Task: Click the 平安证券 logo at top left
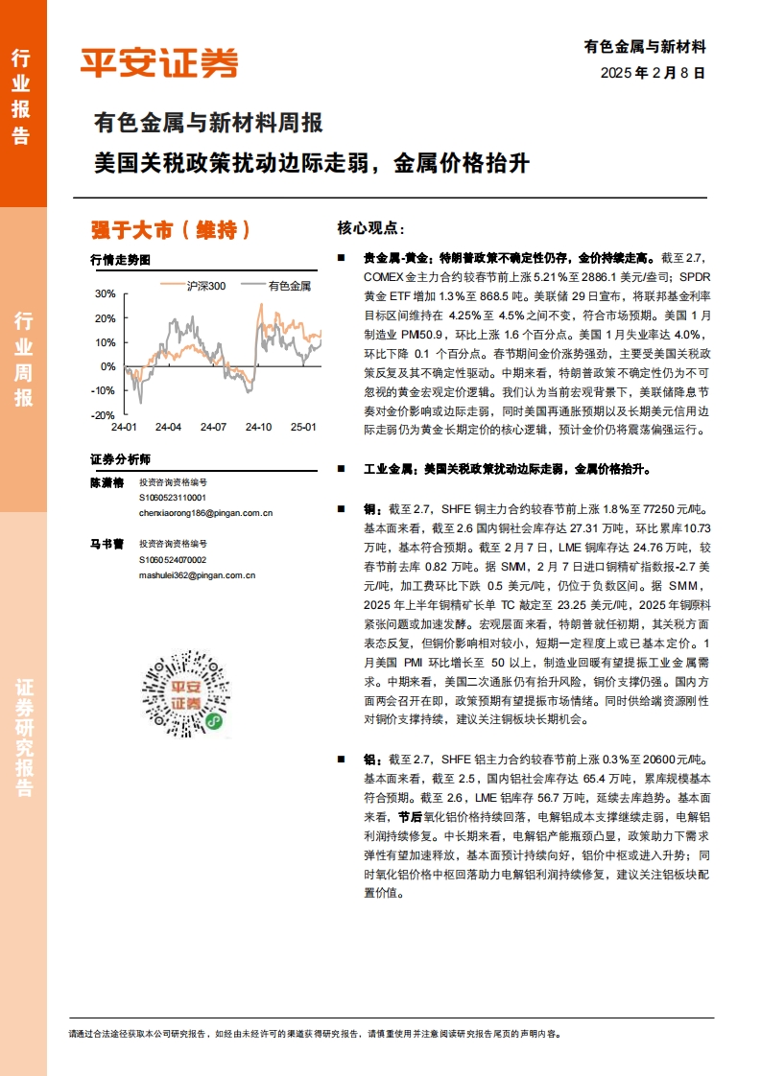159,62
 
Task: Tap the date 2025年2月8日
653,72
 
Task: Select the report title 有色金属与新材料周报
207,124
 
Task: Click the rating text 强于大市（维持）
171,230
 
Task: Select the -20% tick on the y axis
102,415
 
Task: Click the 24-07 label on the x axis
214,427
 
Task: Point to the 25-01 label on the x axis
303,427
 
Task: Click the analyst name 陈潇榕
107,483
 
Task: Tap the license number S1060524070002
172,559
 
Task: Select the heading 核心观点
370,228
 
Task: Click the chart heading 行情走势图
120,260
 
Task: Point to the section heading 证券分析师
120,458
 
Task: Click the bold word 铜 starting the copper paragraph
369,508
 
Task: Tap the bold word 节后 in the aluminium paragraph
410,817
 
